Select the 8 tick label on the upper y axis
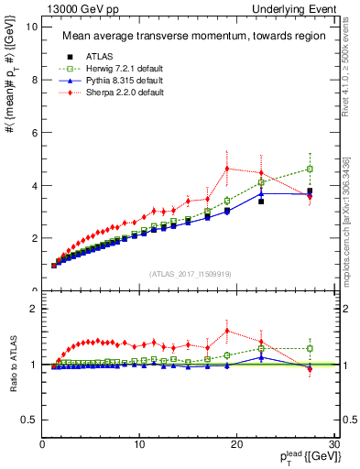click(x=34, y=80)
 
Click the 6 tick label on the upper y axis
click(x=34, y=133)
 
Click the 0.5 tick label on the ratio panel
click(x=29, y=420)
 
